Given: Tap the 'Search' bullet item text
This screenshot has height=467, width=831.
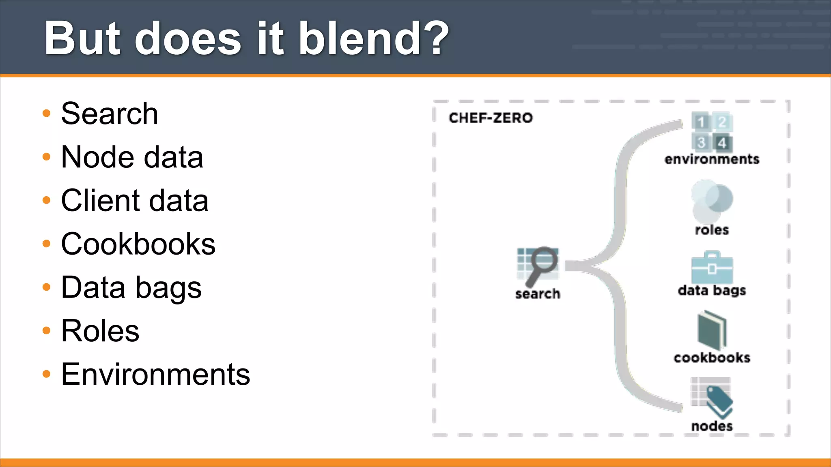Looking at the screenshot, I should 110,114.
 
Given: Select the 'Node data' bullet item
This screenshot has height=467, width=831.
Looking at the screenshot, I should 132,157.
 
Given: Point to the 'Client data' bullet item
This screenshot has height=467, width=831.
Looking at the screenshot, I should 134,201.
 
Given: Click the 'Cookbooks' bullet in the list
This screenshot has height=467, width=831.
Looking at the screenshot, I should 138,244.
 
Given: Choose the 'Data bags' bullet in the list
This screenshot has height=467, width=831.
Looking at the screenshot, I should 131,287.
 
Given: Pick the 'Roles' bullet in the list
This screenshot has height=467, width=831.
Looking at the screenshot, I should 100,331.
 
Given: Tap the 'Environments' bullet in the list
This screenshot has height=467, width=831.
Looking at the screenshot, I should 155,374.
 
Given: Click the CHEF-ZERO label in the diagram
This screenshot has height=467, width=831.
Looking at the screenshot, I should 491,118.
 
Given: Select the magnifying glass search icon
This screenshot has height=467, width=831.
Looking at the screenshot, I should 538,266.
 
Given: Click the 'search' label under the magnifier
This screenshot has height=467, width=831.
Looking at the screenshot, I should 538,293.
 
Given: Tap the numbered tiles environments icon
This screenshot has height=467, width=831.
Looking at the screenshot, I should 712,132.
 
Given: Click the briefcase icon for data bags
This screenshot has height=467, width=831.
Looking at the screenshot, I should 712,268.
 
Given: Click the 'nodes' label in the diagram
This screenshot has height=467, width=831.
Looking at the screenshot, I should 712,426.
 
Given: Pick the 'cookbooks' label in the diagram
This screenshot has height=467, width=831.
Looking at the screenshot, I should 712,358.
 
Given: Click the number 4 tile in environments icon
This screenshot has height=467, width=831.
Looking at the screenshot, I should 722,143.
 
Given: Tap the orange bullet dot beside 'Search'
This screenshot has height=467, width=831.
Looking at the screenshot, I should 47,113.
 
